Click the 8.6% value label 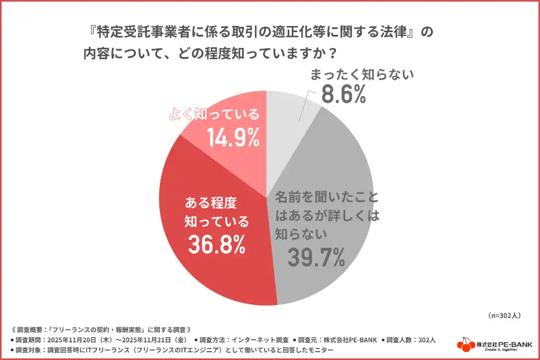pyautogui.click(x=344, y=95)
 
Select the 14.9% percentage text pyautogui.click(x=233, y=137)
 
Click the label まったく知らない pyautogui.click(x=362, y=75)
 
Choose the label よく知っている pyautogui.click(x=214, y=115)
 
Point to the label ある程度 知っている pyautogui.click(x=217, y=211)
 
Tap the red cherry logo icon pyautogui.click(x=466, y=344)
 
